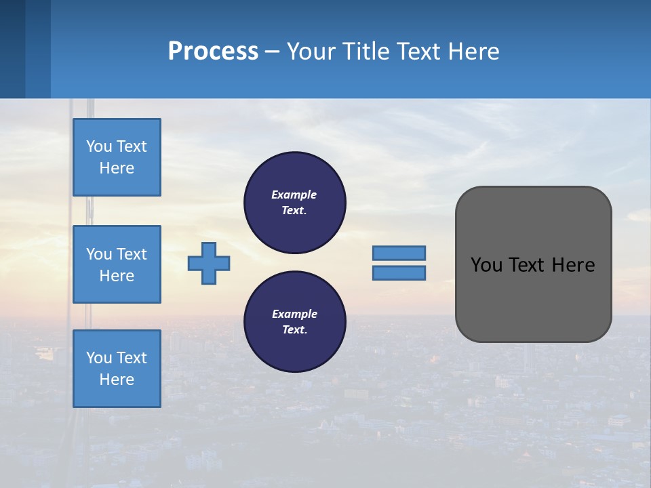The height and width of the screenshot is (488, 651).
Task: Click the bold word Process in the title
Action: click(213, 52)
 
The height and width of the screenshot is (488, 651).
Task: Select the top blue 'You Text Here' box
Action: click(117, 157)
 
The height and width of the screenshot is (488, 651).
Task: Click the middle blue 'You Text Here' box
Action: click(117, 264)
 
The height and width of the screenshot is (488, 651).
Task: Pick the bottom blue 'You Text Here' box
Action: click(117, 369)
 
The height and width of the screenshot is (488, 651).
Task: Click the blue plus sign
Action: click(209, 262)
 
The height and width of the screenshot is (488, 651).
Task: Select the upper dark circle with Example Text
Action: click(294, 203)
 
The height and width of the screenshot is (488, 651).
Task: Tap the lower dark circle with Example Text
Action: click(294, 322)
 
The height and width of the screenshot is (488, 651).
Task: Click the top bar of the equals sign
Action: click(399, 253)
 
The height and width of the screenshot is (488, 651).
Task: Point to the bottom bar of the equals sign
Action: click(399, 273)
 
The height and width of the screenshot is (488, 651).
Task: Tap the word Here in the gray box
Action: click(573, 265)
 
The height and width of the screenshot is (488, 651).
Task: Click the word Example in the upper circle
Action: click(294, 195)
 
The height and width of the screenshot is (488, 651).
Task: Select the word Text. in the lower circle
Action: click(294, 330)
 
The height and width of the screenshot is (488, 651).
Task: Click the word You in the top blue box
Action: click(99, 146)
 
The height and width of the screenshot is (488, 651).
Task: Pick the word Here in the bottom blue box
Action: click(117, 380)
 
